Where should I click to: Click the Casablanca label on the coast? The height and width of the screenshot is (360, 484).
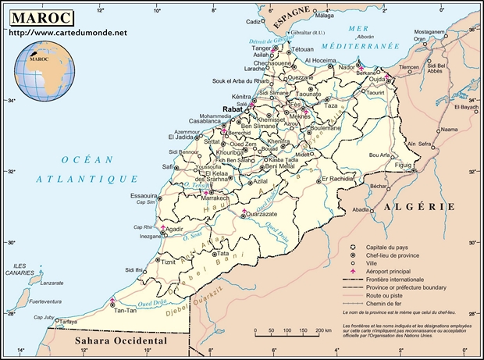204,121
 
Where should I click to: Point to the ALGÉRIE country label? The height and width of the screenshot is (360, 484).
418,207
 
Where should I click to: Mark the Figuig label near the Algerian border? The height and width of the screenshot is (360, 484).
403,166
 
